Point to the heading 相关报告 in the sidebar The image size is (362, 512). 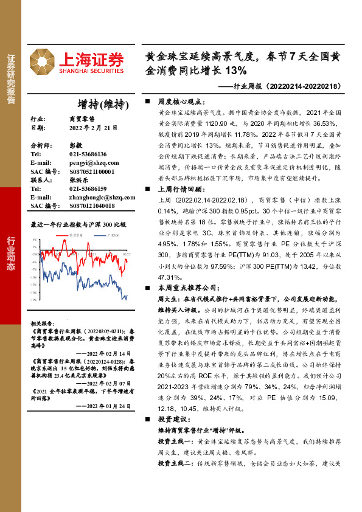point(41,323)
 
